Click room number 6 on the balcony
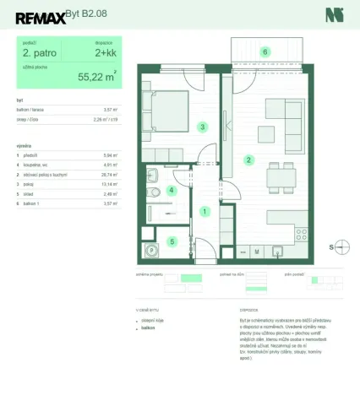265,52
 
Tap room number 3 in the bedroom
202,127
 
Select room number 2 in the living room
248,160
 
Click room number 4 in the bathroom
172,190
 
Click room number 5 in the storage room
172,241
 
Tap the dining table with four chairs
280,178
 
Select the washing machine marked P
150,250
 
